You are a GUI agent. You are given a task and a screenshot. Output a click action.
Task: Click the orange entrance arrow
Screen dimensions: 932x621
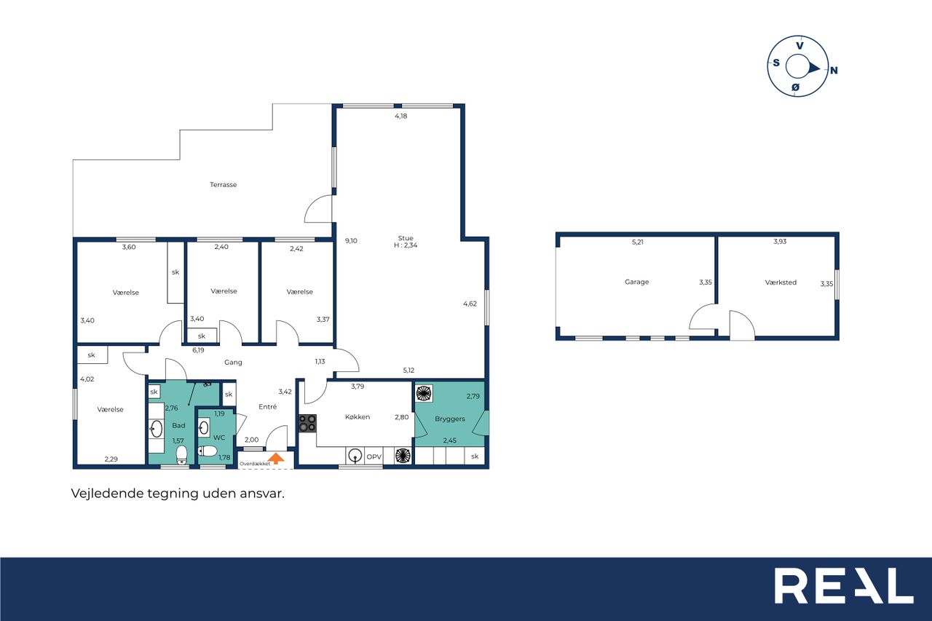tap(276, 459)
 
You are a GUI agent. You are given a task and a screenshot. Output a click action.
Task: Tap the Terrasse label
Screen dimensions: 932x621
tap(223, 185)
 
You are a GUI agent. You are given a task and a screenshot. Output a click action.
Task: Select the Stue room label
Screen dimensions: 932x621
tap(406, 238)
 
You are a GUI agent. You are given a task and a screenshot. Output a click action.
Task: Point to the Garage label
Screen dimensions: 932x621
tap(636, 282)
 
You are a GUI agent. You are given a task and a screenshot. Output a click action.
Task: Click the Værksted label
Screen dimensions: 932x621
tap(781, 282)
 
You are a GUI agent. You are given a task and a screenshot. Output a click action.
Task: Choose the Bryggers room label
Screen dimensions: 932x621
tap(450, 419)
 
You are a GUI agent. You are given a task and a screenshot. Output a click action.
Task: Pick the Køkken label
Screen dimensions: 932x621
tap(358, 416)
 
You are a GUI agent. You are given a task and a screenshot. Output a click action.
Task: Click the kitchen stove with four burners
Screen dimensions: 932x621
tap(307, 424)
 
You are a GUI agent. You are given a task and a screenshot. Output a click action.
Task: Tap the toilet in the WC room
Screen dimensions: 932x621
tap(208, 451)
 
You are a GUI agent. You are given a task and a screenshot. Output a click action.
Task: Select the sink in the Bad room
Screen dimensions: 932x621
tap(157, 430)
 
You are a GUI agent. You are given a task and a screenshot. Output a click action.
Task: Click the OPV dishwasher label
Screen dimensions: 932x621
tap(374, 456)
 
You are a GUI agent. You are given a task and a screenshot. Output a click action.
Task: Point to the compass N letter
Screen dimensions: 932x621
tap(834, 71)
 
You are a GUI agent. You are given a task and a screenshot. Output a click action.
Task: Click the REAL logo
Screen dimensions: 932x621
tap(844, 585)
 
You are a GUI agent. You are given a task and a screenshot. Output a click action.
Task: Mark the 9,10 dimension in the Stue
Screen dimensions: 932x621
tap(351, 241)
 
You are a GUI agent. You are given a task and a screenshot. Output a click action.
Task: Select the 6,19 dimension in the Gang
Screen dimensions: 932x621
tap(198, 350)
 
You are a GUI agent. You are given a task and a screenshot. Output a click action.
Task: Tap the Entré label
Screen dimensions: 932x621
tap(267, 407)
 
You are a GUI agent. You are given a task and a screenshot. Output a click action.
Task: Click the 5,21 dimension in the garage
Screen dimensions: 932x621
tap(637, 242)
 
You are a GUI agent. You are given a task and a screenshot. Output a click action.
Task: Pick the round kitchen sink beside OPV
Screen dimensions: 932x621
tap(355, 456)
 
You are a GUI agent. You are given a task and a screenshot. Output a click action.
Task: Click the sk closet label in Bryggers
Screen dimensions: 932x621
tap(475, 456)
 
